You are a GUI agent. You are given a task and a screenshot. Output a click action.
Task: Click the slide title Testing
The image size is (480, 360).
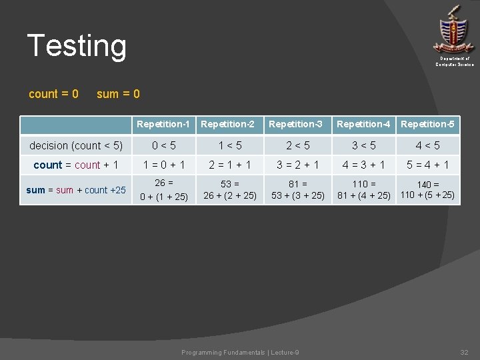(x=77, y=46)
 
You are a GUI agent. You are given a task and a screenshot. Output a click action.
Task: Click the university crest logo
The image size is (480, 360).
(x=454, y=29)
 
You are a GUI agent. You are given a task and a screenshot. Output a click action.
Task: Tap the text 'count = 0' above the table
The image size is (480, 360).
(x=54, y=94)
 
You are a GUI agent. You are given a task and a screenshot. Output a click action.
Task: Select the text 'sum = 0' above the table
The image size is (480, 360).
(x=118, y=94)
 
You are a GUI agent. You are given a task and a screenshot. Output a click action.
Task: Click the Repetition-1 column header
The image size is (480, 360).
(x=163, y=124)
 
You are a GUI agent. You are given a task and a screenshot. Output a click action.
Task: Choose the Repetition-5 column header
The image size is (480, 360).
(x=427, y=124)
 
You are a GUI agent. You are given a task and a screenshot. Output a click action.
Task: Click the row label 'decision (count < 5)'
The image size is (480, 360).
(x=76, y=145)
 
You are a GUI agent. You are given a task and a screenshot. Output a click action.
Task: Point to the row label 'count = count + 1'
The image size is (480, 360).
(x=76, y=165)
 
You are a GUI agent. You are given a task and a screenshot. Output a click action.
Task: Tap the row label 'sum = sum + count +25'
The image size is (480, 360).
(x=76, y=190)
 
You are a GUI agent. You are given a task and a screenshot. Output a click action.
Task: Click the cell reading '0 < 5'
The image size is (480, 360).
(x=163, y=145)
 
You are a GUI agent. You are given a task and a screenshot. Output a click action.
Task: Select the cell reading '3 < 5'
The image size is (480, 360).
(x=363, y=145)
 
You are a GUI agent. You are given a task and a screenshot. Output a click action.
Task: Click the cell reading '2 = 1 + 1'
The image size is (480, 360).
(x=229, y=165)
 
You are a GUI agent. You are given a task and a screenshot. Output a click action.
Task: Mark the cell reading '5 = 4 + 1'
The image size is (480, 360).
(x=427, y=165)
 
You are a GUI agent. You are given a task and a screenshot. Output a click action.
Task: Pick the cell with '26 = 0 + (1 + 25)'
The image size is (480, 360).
(x=163, y=189)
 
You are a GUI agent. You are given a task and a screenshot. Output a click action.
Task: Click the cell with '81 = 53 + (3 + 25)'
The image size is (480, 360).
(x=297, y=189)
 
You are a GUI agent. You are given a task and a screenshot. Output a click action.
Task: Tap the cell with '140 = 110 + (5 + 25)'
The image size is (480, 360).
(x=427, y=190)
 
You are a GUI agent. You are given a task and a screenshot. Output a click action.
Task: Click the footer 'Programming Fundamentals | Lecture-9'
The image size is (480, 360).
(x=240, y=352)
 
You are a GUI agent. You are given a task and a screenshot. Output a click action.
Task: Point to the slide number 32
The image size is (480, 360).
(x=464, y=352)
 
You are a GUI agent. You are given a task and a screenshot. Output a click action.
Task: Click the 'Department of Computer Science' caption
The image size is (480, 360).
(x=455, y=61)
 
